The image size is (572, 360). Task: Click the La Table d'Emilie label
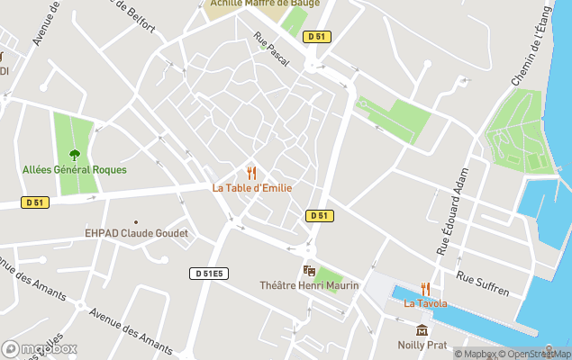coord(251,187)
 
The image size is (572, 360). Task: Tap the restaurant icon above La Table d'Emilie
coord(251,172)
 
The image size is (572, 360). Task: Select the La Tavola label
coord(425,303)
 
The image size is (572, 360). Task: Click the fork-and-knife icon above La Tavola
coord(425,289)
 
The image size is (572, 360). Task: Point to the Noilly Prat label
coord(422,345)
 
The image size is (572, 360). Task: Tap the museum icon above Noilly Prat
coord(422,330)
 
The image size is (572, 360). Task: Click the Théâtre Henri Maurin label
coord(309,285)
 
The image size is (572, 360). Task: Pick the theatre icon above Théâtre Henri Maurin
coord(309,270)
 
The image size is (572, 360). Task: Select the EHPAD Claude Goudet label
coord(136,233)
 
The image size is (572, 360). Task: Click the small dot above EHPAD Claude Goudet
coord(136,221)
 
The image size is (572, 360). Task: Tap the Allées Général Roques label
coord(75,169)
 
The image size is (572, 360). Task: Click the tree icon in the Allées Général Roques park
coord(75,154)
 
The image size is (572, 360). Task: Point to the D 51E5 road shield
coord(207,273)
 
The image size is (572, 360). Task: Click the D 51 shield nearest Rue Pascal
coord(314,37)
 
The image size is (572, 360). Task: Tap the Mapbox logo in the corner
coord(40,348)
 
